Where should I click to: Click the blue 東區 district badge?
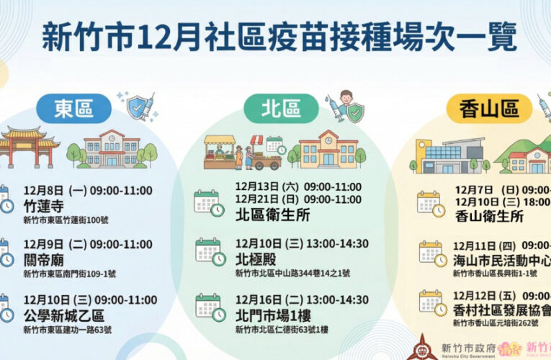click(73, 109)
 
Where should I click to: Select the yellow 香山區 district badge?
click(492, 109)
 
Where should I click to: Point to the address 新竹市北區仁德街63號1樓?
click(282, 329)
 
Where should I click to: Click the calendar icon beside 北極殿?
click(209, 251)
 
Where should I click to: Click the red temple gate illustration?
click(28, 145)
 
